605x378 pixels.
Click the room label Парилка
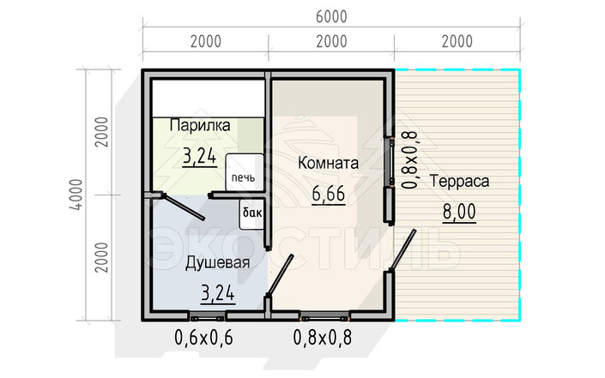click(x=200, y=125)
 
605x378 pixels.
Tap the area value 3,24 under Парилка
click(x=199, y=157)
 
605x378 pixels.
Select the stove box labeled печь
click(x=245, y=172)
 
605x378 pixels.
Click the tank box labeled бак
click(x=252, y=214)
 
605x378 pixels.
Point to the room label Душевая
click(x=217, y=263)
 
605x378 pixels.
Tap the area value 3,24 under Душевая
click(x=218, y=294)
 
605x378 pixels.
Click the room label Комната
click(x=328, y=163)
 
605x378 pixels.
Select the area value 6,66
click(x=329, y=194)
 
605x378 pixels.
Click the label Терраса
click(x=459, y=181)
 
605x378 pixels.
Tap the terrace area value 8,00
click(x=459, y=212)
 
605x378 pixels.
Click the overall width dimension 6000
click(x=331, y=16)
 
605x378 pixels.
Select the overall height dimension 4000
click(x=76, y=195)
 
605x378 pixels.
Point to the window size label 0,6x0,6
click(x=203, y=338)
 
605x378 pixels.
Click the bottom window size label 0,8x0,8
click(x=323, y=338)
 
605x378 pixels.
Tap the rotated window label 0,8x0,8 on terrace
click(x=409, y=159)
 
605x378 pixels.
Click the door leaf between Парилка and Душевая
click(x=183, y=207)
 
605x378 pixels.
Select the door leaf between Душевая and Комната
click(x=280, y=275)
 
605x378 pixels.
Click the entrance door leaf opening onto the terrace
click(x=402, y=249)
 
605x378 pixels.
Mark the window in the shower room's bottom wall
click(x=207, y=317)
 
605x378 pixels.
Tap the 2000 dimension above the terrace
click(x=457, y=42)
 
